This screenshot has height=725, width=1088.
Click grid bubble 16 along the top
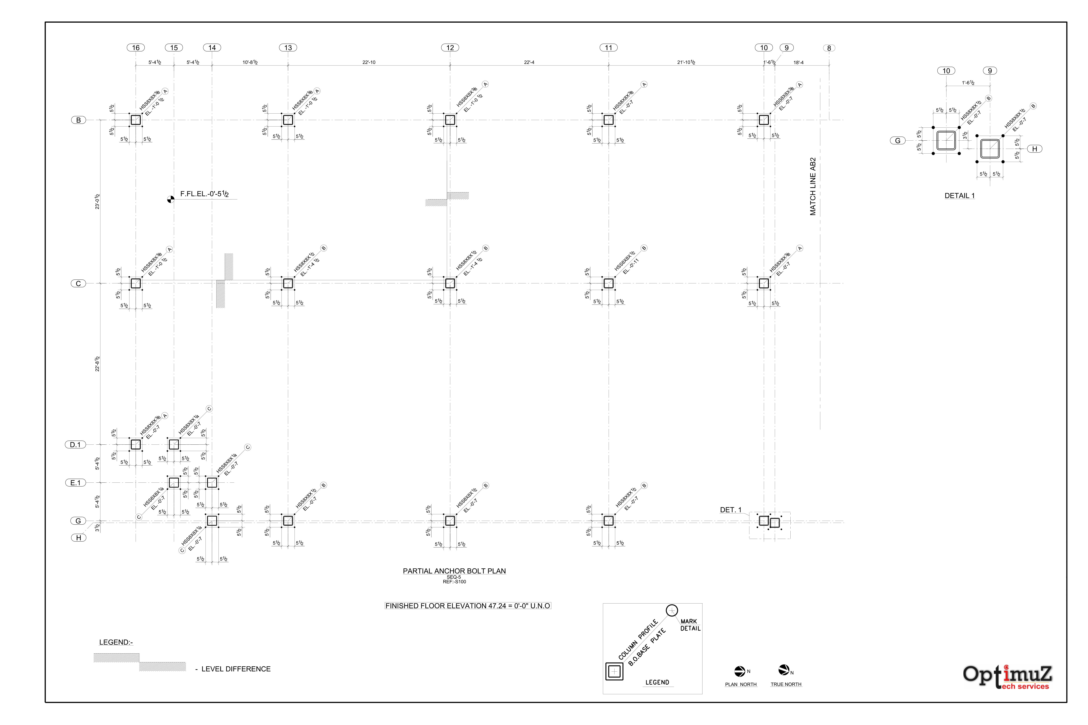point(136,48)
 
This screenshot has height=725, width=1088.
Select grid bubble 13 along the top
point(288,48)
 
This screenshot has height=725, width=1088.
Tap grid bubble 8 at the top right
point(829,48)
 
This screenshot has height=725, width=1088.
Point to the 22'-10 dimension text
point(369,62)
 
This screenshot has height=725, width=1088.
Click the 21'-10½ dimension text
point(686,62)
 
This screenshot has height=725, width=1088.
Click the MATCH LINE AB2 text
point(813,186)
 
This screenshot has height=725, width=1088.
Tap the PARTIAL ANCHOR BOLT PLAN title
point(454,571)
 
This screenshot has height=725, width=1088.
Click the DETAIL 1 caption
point(959,196)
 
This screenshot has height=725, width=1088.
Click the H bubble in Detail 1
point(1035,149)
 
